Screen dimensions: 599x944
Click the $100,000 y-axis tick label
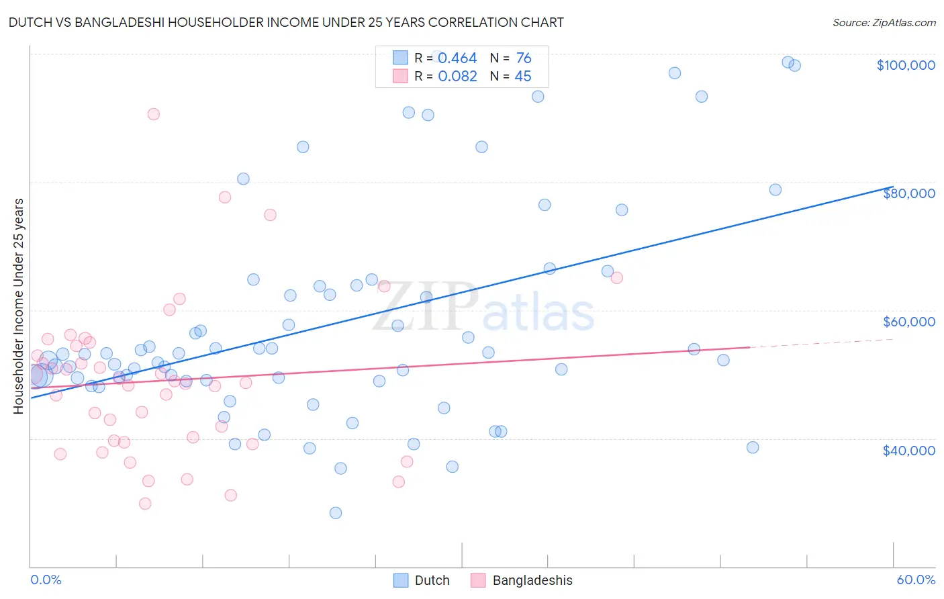905,65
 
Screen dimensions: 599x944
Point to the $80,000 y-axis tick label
908,193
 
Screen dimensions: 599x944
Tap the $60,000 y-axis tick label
908,322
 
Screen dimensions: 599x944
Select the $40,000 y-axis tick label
908,451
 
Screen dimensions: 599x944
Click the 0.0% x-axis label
46,580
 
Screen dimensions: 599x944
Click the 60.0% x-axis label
915,580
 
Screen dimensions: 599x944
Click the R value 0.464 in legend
457,58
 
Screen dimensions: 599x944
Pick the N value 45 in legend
522,77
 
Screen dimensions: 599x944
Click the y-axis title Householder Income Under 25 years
19,306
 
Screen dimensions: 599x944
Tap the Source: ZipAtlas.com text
884,22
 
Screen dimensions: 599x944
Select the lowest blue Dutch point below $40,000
336,513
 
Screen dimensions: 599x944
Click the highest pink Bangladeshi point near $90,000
153,114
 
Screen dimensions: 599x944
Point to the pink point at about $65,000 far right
616,278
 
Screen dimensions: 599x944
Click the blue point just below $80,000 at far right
775,190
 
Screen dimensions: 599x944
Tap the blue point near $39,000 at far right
753,447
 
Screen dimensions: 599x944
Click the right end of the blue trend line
892,187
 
